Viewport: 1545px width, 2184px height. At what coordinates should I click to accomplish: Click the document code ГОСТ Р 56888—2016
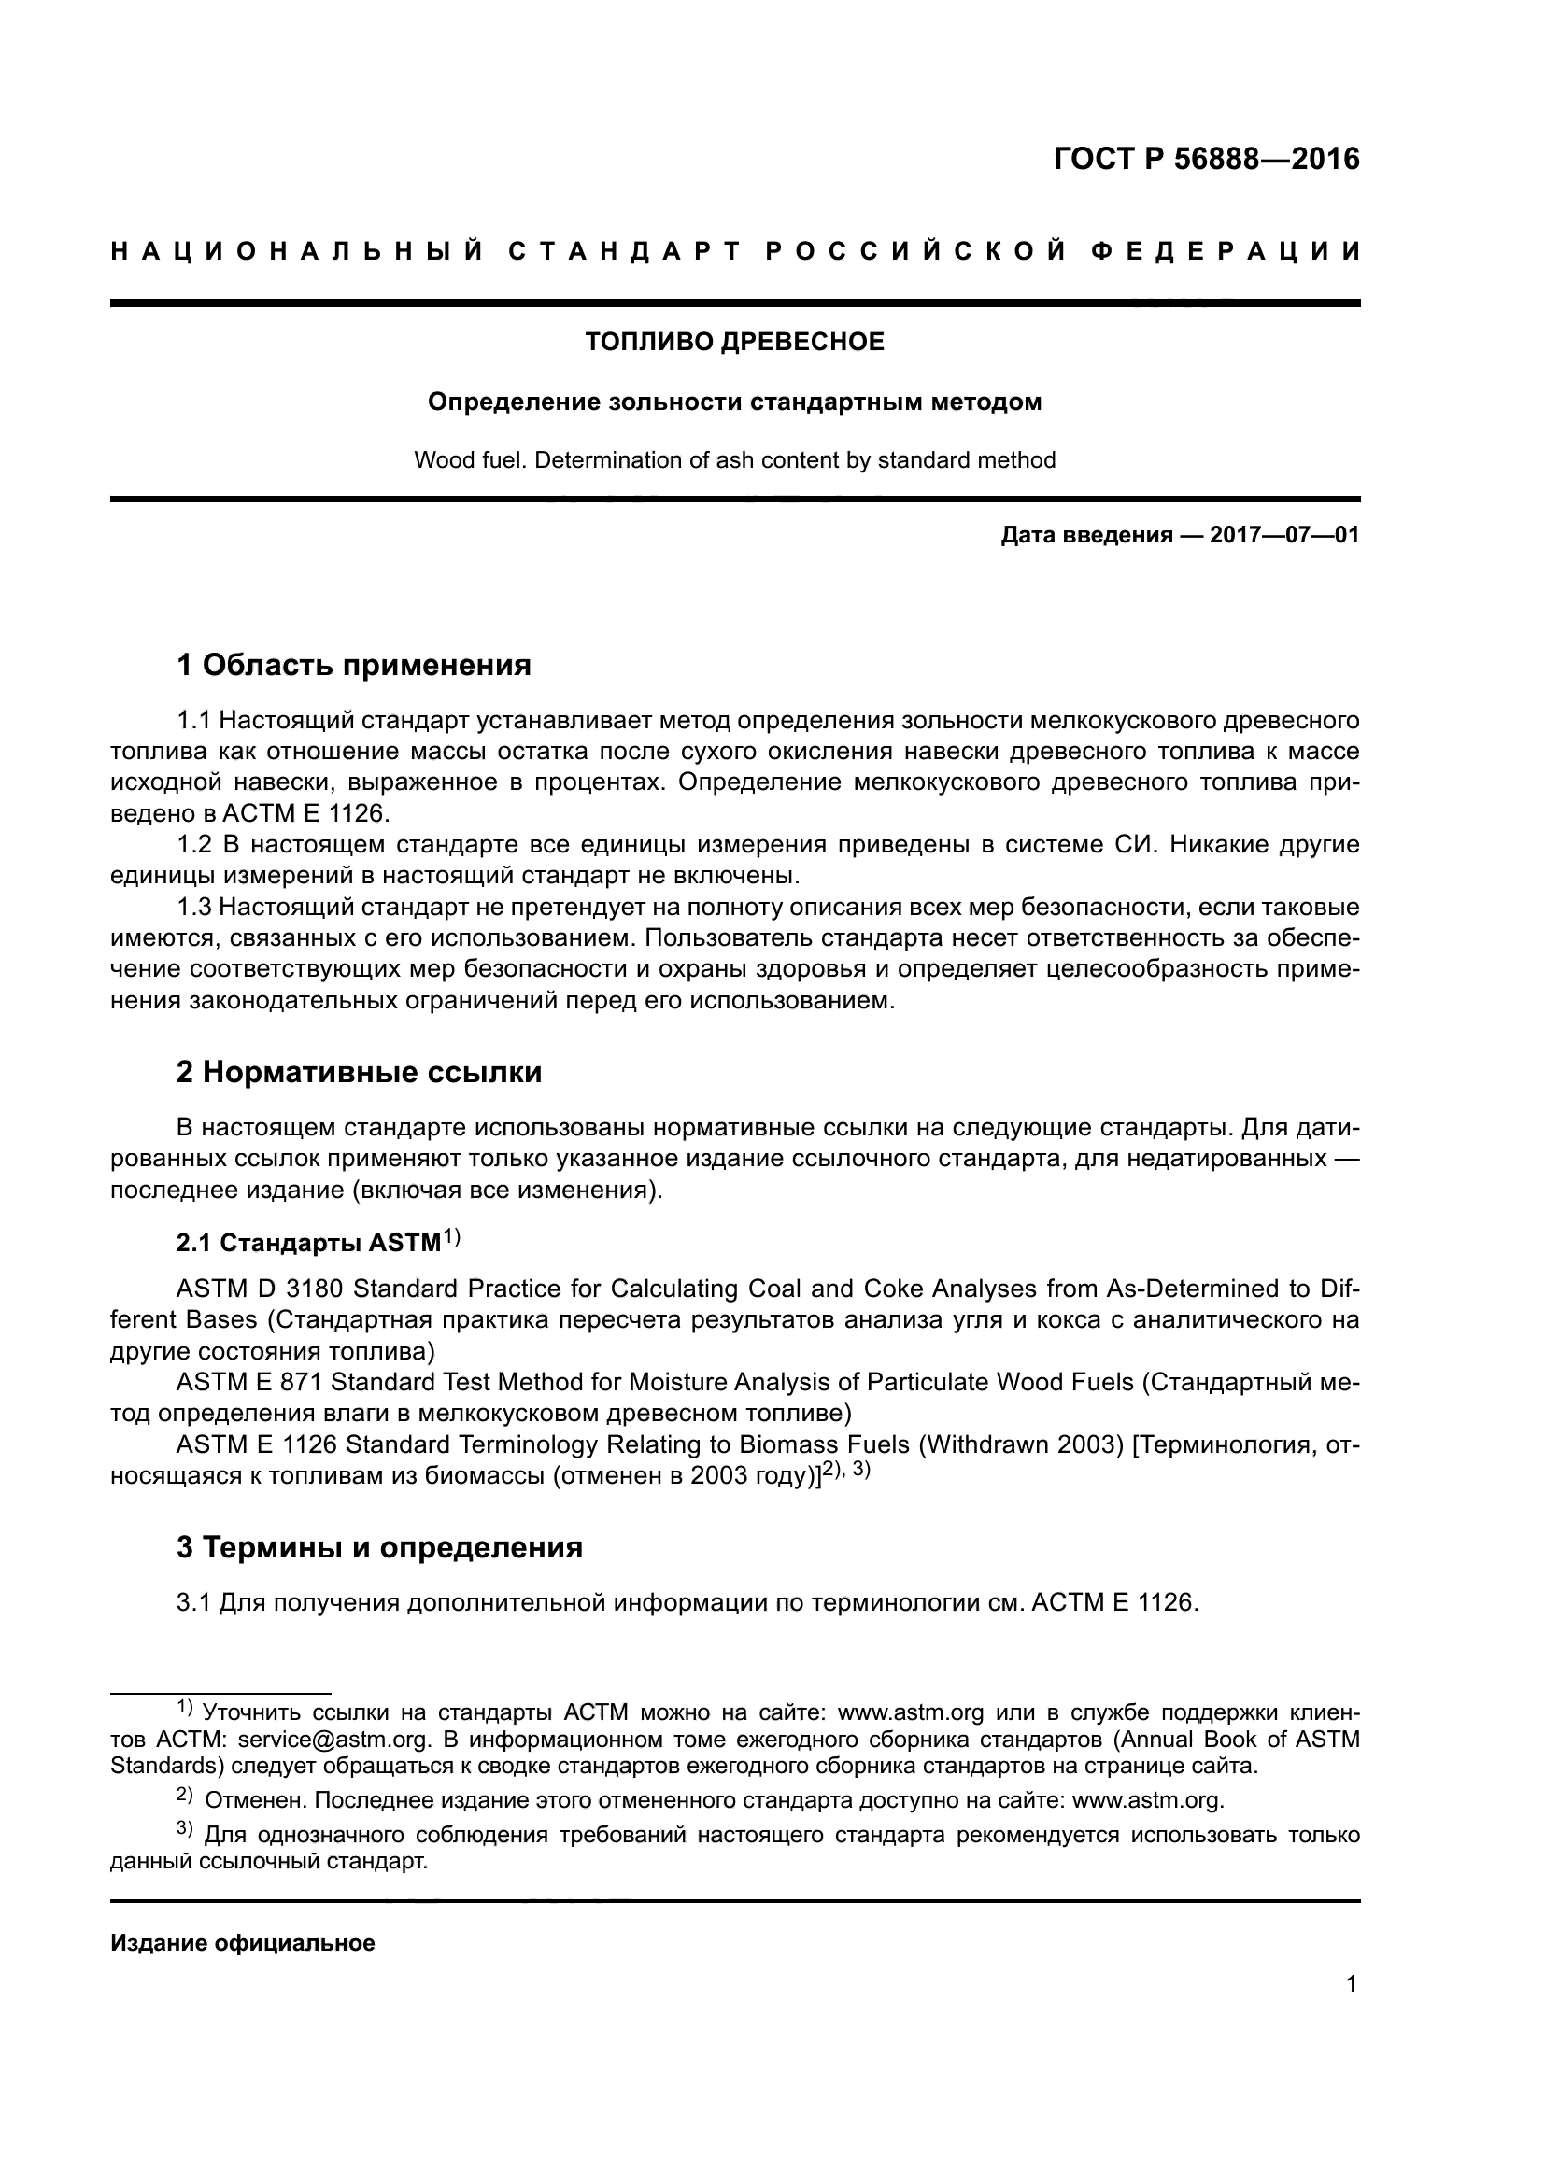pos(1206,159)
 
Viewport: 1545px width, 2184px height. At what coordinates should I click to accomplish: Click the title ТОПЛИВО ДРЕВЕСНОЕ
pos(734,343)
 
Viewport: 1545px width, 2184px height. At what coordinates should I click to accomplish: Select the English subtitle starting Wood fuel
pos(734,460)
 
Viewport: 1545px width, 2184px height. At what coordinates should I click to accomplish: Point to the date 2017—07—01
pos(1284,536)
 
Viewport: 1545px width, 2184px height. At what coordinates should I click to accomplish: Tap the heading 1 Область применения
pos(353,665)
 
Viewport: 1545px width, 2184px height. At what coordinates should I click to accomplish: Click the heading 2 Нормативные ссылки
pos(359,1072)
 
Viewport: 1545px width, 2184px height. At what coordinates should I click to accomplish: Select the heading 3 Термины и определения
pos(378,1547)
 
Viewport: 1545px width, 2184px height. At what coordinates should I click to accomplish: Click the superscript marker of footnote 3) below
pos(185,1829)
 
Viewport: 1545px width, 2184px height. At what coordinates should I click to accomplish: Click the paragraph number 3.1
pos(193,1603)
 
